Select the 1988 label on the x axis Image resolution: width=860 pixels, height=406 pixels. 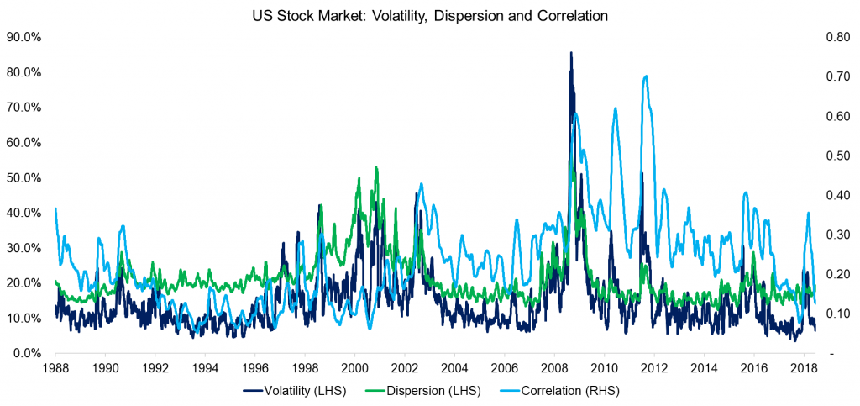point(55,368)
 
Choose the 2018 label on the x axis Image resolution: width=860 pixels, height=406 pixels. point(804,368)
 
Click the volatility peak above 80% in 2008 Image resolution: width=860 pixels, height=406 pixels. point(571,53)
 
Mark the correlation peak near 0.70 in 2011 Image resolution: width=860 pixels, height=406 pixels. point(645,76)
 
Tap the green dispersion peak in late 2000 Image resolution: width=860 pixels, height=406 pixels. point(375,167)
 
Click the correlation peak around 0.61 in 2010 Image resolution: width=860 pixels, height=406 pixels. point(616,108)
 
